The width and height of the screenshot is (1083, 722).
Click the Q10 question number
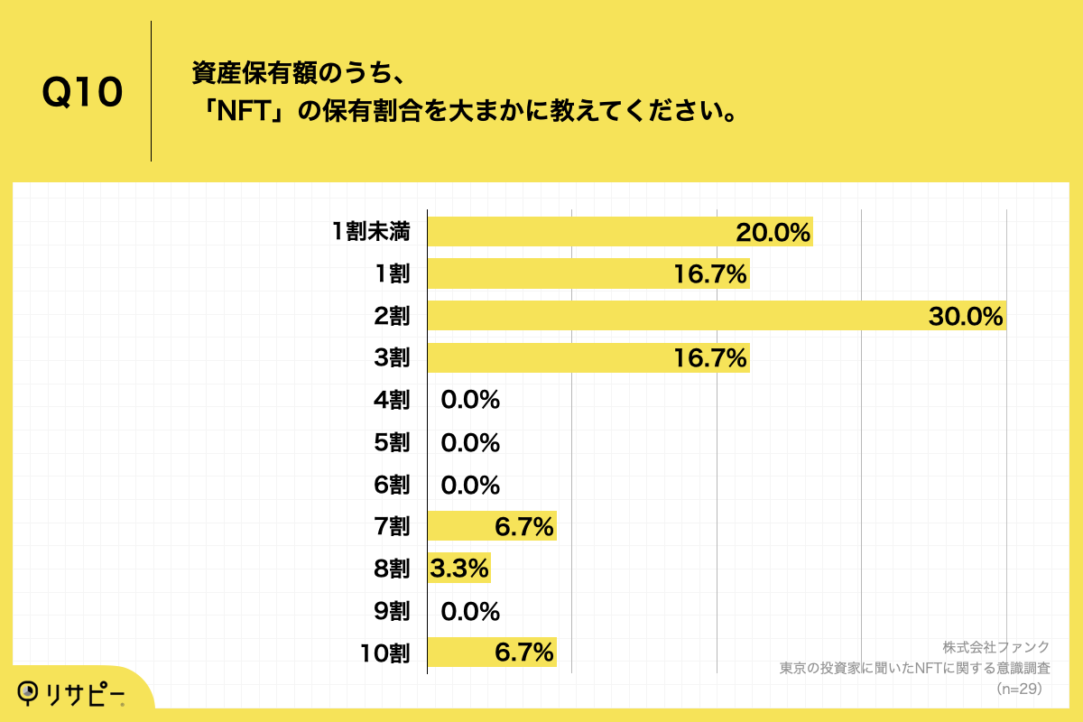[82, 93]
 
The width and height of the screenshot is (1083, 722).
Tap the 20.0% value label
[773, 232]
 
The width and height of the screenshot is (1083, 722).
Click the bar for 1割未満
[578, 232]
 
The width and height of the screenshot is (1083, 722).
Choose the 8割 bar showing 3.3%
[458, 569]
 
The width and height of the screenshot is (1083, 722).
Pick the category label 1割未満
[371, 232]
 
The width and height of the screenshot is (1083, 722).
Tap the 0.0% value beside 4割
[470, 401]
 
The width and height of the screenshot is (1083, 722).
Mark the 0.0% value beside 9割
[470, 612]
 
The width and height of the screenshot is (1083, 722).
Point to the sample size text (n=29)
[1018, 689]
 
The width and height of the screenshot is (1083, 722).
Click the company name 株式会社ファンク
[995, 647]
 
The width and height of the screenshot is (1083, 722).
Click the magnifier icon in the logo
[31, 691]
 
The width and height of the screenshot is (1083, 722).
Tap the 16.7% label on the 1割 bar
[710, 274]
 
